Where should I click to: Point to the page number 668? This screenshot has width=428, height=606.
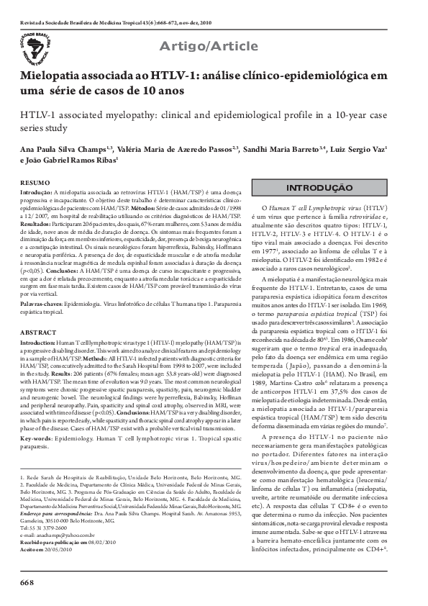[27, 581]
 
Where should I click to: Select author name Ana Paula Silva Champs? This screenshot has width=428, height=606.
[60, 150]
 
